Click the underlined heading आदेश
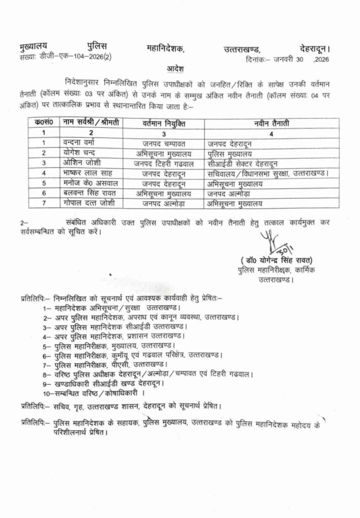[x=176, y=68]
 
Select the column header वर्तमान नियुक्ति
[x=163, y=123]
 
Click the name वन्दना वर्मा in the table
[x=80, y=143]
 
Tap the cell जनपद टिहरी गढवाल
[x=163, y=163]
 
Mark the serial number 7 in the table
[x=44, y=204]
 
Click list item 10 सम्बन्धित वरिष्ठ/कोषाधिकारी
[x=94, y=393]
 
